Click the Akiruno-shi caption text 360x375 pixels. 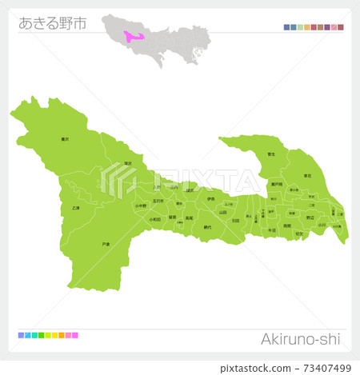[x=300, y=339]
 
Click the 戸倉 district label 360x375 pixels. [x=106, y=244]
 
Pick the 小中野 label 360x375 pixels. [x=141, y=206]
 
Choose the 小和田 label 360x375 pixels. [x=155, y=218]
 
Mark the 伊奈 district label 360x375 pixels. [x=210, y=198]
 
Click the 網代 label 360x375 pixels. [x=208, y=227]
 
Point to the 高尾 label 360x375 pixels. [x=189, y=218]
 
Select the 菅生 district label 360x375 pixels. [x=271, y=154]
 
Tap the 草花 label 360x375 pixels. [x=306, y=175]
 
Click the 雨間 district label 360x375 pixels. [x=287, y=226]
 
